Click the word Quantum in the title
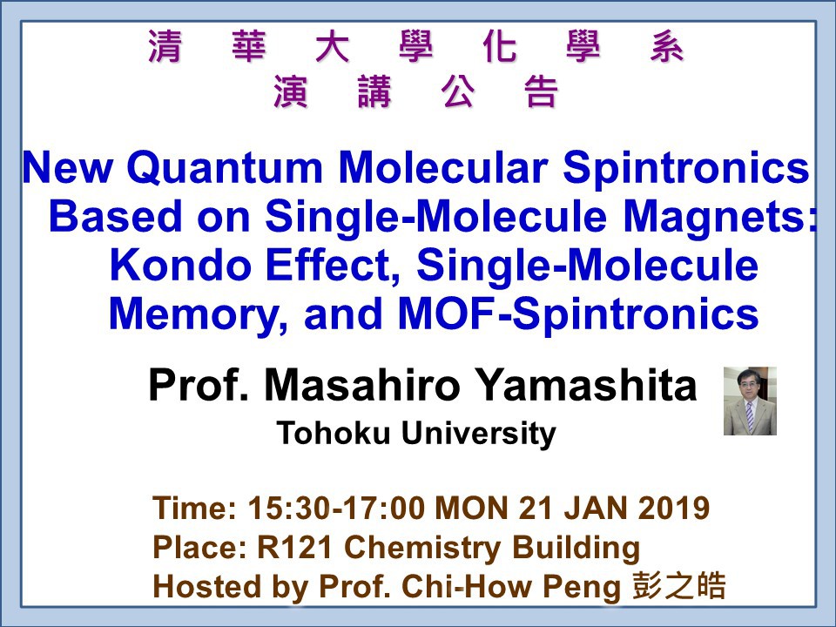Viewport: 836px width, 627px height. pyautogui.click(x=225, y=168)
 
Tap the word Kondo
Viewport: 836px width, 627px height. pyautogui.click(x=180, y=266)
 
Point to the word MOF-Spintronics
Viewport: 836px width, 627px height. pyautogui.click(x=578, y=314)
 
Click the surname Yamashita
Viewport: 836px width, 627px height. pyautogui.click(x=585, y=385)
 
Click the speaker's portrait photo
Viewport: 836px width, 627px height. pyautogui.click(x=750, y=401)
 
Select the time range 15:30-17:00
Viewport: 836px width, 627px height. pyautogui.click(x=336, y=508)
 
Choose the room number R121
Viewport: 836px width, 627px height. pyautogui.click(x=295, y=547)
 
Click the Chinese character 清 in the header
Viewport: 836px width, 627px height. pyautogui.click(x=165, y=46)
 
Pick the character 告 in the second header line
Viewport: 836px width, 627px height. pyautogui.click(x=542, y=91)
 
